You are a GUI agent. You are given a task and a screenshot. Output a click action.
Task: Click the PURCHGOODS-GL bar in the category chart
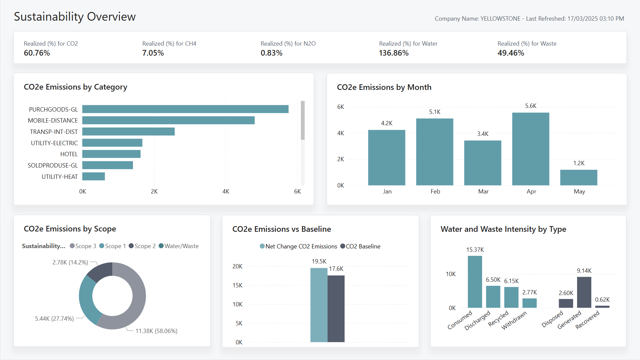(185, 109)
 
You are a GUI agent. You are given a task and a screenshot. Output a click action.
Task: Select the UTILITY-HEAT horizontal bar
(94, 177)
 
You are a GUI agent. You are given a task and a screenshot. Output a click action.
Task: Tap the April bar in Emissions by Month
(530, 149)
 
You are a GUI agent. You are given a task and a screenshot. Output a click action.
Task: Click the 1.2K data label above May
(579, 163)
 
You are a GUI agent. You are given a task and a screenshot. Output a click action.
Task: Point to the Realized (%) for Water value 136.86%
(393, 53)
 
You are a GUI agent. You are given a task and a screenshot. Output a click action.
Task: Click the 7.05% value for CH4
(153, 53)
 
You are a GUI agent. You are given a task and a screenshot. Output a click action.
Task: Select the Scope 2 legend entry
(142, 246)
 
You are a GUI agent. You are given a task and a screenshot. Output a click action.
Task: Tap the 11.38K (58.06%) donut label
(156, 331)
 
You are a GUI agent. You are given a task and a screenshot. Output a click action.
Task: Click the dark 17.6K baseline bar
(336, 308)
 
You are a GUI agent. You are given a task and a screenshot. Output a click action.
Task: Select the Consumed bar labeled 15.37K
(475, 282)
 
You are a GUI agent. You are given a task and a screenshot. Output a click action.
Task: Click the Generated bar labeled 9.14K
(584, 292)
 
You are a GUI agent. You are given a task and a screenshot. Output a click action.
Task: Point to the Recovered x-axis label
(588, 320)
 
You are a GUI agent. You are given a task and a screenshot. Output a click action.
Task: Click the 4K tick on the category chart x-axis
(226, 191)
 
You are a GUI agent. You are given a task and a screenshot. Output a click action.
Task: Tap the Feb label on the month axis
(435, 191)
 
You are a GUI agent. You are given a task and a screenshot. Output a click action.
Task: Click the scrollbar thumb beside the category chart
(303, 120)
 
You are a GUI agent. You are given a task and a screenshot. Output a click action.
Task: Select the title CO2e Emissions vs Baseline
(282, 229)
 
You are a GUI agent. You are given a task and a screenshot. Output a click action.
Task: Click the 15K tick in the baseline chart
(238, 285)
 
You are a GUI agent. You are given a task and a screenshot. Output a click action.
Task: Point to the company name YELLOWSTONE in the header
(500, 19)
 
